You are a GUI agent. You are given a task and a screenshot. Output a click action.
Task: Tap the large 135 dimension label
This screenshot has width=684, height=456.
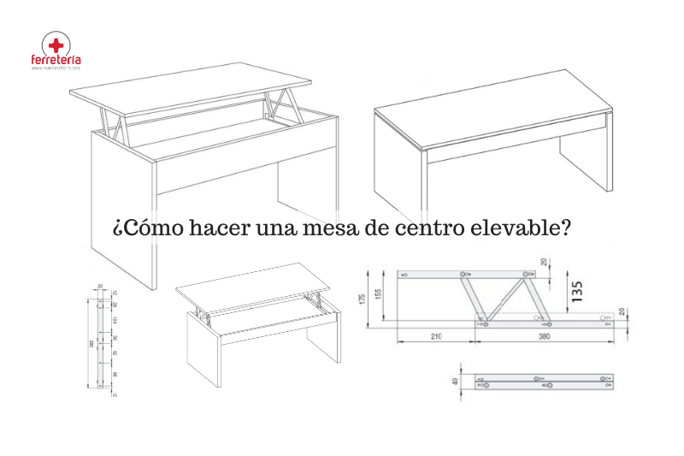click(578, 292)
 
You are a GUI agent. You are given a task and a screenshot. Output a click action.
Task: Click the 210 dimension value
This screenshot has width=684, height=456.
click(437, 336)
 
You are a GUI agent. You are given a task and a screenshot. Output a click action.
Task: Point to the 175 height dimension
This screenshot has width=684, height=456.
click(364, 297)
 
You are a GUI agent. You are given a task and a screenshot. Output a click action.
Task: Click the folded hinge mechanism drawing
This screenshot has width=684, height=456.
click(545, 382)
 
